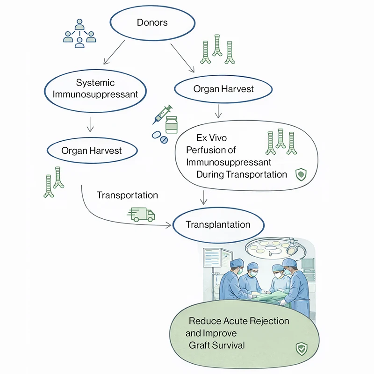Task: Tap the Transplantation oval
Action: pyautogui.click(x=218, y=224)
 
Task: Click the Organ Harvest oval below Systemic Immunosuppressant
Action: pyautogui.click(x=92, y=151)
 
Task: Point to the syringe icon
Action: pyautogui.click(x=162, y=114)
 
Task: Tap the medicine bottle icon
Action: pyautogui.click(x=172, y=125)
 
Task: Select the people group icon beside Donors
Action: pyautogui.click(x=79, y=34)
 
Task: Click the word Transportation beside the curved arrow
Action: pyautogui.click(x=127, y=195)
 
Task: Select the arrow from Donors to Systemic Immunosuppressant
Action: pyautogui.click(x=114, y=52)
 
